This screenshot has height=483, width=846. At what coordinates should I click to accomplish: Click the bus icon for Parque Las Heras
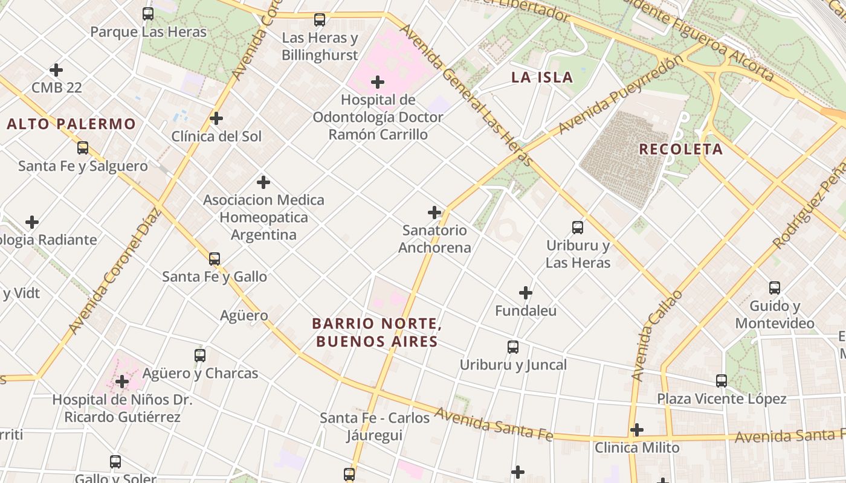(x=148, y=13)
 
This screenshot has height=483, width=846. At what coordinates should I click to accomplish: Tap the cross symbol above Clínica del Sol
(x=216, y=118)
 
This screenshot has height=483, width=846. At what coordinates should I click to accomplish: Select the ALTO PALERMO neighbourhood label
(x=71, y=124)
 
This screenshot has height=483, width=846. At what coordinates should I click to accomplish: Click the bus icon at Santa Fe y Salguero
(x=83, y=148)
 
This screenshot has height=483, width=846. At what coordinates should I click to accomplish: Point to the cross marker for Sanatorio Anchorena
(x=434, y=213)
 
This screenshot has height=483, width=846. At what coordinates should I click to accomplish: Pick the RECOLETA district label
(x=680, y=149)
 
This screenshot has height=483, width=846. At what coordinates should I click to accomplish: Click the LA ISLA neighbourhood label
(x=542, y=77)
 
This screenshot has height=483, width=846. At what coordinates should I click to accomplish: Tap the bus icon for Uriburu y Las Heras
(x=578, y=228)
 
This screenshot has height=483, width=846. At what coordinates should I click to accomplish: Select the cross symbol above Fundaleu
(x=526, y=293)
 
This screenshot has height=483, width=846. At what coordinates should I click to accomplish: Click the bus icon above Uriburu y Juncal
(x=513, y=347)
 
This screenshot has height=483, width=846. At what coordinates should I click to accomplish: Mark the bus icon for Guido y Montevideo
(x=775, y=288)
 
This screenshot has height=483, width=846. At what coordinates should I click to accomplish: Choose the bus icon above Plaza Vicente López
(x=722, y=381)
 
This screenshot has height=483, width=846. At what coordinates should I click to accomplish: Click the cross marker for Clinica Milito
(x=637, y=430)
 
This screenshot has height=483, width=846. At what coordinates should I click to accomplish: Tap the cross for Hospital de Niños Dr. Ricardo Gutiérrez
(x=122, y=382)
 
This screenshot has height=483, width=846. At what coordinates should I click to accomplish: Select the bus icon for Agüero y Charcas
(x=200, y=356)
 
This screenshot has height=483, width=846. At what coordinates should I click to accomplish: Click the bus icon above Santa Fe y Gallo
(x=215, y=259)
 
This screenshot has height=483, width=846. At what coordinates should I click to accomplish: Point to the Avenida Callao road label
(x=656, y=336)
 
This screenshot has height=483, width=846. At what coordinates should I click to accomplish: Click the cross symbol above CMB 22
(x=56, y=70)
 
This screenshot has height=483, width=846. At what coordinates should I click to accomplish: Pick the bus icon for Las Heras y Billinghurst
(x=320, y=20)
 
